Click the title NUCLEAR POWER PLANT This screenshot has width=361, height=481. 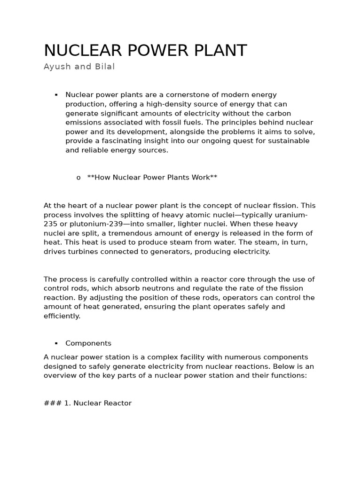point(145,51)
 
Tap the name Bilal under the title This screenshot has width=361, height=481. point(104,67)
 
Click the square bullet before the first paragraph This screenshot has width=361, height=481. point(56,95)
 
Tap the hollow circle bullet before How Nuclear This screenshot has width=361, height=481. point(78,178)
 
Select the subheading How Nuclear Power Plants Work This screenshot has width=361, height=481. point(152,178)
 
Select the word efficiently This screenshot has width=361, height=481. point(62,316)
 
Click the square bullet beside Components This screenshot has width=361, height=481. point(56,343)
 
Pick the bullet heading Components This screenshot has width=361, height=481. point(88,343)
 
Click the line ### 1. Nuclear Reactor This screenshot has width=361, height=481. point(87,403)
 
